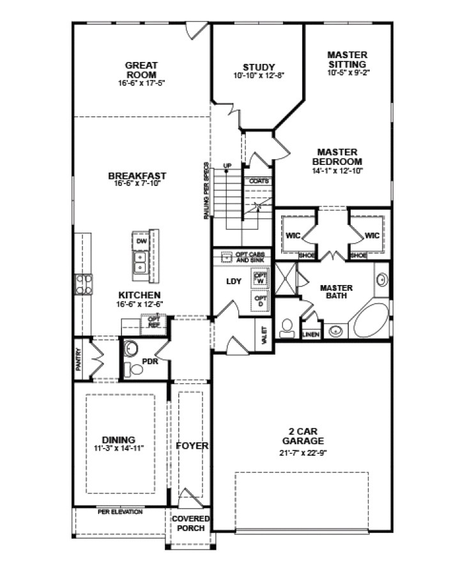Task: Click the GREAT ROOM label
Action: click(141, 69)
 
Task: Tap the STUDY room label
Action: click(258, 67)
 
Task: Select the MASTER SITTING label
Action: click(347, 59)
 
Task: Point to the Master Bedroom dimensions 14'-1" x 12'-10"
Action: click(337, 171)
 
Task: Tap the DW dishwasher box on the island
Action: click(141, 241)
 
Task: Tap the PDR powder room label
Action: click(150, 361)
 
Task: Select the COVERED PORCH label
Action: click(190, 523)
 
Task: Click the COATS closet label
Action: click(259, 181)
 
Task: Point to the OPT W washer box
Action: click(260, 278)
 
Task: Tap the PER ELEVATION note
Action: click(119, 512)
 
